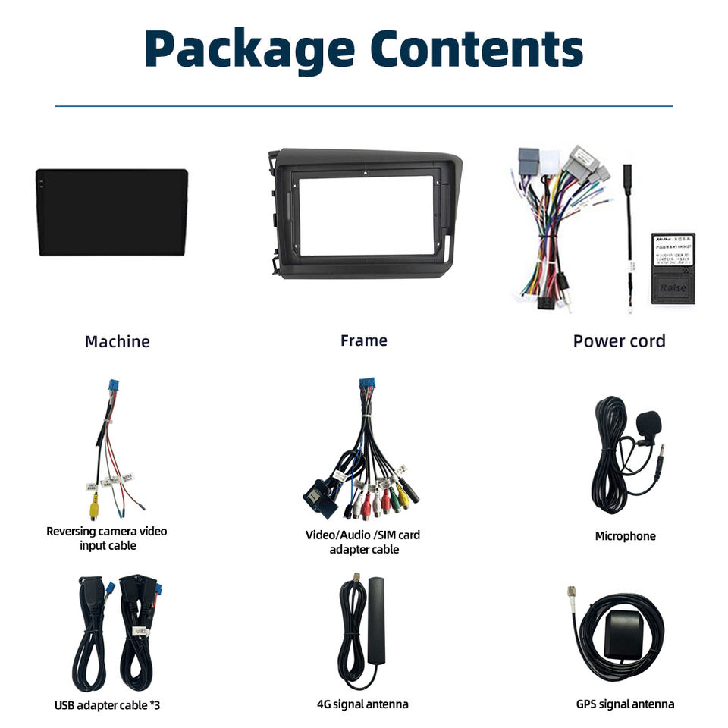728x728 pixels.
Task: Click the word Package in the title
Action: (249, 49)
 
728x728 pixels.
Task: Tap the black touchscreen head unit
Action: (111, 212)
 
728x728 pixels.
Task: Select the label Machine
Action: (117, 341)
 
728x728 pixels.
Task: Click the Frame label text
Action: (363, 340)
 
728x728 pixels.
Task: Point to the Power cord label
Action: (619, 340)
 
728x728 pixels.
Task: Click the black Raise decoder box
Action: (673, 269)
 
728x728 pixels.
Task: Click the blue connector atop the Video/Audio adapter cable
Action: (366, 387)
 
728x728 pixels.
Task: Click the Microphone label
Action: (625, 536)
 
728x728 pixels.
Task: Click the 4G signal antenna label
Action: (362, 704)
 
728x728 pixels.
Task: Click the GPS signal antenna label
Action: (625, 704)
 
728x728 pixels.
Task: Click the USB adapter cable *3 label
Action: (107, 705)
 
